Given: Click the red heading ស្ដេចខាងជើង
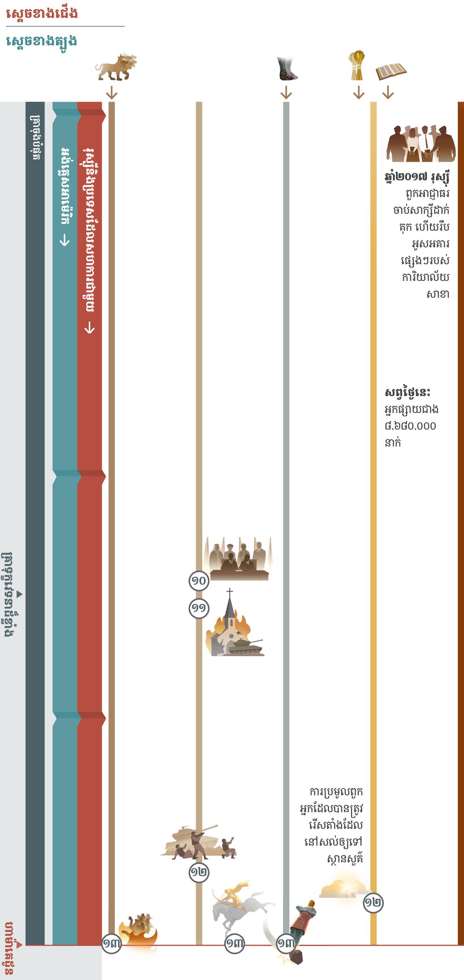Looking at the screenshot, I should pos(42,13).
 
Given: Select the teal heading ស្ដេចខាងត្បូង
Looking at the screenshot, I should pos(41,41).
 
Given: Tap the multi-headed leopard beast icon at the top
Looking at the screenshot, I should pos(115,67).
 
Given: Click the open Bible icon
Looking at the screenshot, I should pos(391,71).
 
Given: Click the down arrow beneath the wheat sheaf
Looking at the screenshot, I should pos(359,93).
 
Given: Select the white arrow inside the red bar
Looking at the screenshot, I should pos(89,328).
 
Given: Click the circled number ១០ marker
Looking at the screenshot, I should pos(199,581).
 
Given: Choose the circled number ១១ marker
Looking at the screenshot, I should pos(199,609).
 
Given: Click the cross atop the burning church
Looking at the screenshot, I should pos(230,593).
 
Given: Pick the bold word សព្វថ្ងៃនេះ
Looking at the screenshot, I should pos(407,392).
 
